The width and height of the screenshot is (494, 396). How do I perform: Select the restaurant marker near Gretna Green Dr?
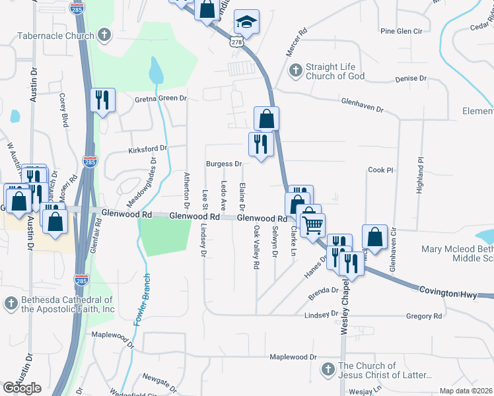(102, 100)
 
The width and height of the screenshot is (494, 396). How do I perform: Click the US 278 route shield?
(236, 41)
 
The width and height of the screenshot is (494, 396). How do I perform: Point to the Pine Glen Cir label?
(403, 31)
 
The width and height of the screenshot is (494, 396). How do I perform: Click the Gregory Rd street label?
(424, 317)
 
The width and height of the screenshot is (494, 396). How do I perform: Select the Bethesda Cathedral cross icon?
(10, 303)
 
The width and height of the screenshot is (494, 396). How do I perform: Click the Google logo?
(22, 387)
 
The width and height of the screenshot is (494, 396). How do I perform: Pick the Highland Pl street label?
(419, 174)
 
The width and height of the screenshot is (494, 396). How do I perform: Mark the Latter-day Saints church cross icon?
(328, 368)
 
